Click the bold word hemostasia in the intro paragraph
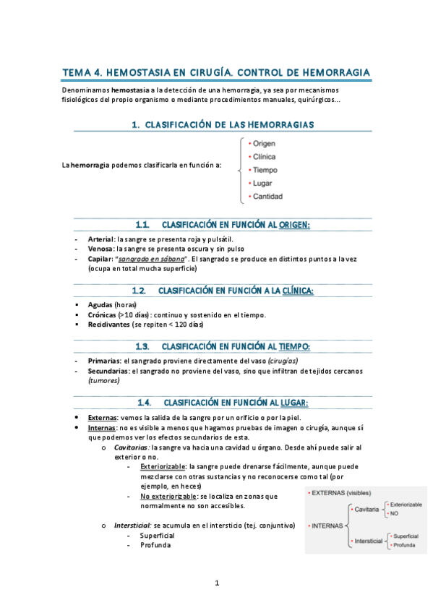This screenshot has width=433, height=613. coord(127,89)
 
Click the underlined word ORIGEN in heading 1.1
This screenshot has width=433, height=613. coord(294,225)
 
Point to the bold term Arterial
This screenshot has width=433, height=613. coord(100,239)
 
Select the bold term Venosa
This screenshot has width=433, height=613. coord(99,248)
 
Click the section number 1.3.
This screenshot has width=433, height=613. coord(142,346)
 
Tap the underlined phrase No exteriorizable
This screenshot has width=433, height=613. coord(169,497)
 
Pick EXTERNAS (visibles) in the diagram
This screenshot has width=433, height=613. coord(341,492)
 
